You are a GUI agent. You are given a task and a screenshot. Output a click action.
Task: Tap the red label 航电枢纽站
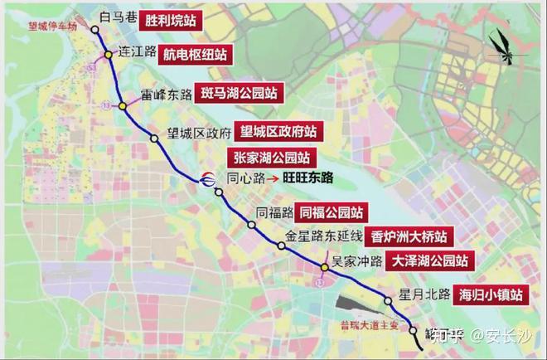195,54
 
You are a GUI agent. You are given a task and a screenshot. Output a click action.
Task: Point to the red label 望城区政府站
277,131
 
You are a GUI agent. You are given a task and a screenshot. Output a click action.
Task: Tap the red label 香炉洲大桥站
407,236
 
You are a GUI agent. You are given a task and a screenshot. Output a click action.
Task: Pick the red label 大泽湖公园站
426,260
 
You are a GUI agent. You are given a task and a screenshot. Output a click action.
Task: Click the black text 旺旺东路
307,177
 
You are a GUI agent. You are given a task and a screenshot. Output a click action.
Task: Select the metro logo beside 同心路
207,177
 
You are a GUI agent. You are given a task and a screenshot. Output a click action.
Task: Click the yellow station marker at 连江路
109,56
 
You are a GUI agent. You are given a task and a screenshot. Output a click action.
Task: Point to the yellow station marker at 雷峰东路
123,105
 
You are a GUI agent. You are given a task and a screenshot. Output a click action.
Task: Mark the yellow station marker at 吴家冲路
324,266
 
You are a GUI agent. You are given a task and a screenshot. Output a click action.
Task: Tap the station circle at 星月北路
388,300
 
